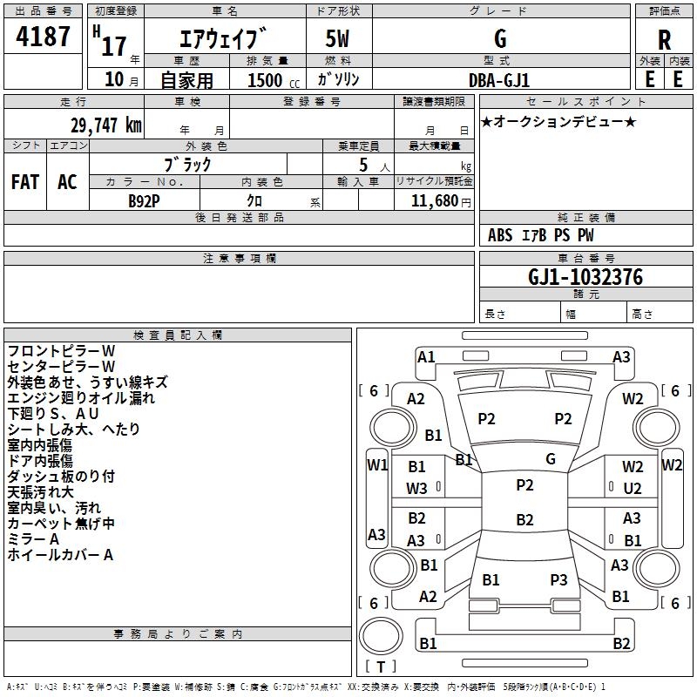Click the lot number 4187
tap(43, 37)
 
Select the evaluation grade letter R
tap(664, 40)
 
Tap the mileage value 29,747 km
tap(105, 125)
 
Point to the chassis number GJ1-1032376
tap(585, 277)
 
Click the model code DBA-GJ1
tap(499, 80)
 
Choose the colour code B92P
tap(144, 201)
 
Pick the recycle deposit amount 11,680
tap(435, 201)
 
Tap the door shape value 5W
tap(337, 38)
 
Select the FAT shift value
tap(25, 182)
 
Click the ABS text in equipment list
tap(500, 235)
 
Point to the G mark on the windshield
tap(551, 459)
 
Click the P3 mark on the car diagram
tap(558, 579)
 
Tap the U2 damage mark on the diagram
tap(633, 489)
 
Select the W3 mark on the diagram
tap(416, 489)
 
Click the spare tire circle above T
tap(381, 636)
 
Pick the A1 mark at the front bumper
tap(426, 357)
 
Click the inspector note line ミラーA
tap(33, 539)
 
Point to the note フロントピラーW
tap(61, 351)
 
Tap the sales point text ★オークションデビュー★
tap(558, 122)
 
